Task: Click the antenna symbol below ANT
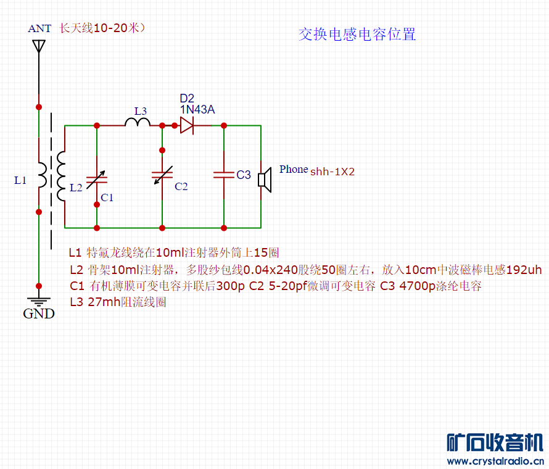click(38, 46)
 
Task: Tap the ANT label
click(40, 28)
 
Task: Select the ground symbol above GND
click(39, 302)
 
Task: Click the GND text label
click(39, 313)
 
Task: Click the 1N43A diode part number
click(197, 110)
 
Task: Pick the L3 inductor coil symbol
click(138, 122)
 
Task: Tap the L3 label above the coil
click(141, 111)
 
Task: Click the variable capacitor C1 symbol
click(96, 179)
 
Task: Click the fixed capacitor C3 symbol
click(223, 175)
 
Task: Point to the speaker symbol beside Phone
click(265, 179)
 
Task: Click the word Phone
click(293, 169)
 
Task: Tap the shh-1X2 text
click(332, 172)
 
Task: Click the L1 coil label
click(20, 180)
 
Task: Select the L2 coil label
click(76, 188)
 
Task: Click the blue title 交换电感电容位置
click(357, 35)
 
